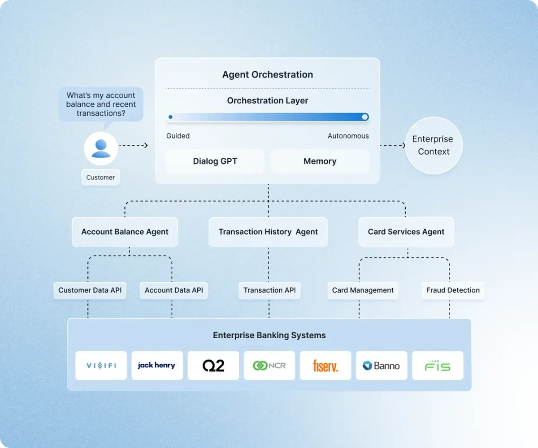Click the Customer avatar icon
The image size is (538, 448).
[x=101, y=148]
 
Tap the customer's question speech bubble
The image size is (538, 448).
[x=101, y=104]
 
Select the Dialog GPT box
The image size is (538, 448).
[x=215, y=161]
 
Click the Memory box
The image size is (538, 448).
[x=320, y=161]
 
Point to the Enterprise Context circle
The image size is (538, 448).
[x=433, y=146]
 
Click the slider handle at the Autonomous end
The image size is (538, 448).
[x=365, y=117]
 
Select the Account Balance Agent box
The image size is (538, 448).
[x=125, y=232]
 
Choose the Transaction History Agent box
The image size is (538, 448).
[x=268, y=232]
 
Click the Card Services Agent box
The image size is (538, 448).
[x=406, y=232]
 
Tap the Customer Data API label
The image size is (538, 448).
[x=90, y=290]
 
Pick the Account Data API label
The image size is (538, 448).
[x=174, y=290]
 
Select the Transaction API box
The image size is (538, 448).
[x=269, y=290]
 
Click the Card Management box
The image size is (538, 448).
[x=363, y=290]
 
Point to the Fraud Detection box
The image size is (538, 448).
[x=453, y=290]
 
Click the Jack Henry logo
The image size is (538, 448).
[x=157, y=366]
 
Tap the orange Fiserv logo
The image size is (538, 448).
[x=325, y=366]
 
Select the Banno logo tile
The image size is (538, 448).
[x=382, y=366]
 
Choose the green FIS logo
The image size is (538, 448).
[x=438, y=366]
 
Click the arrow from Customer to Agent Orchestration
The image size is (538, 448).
[x=134, y=145]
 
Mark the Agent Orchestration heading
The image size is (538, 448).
[x=267, y=75]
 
